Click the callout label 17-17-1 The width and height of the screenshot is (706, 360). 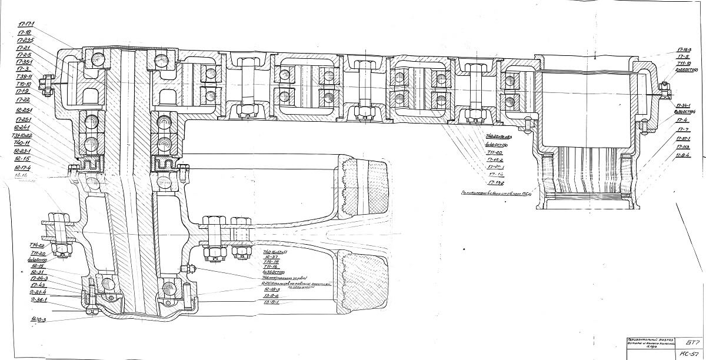point(26,24)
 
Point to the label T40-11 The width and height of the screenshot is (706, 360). point(22,143)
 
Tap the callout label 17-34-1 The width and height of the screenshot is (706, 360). point(682,104)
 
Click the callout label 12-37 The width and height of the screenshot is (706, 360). point(271,256)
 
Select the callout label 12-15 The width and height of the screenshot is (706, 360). point(22,159)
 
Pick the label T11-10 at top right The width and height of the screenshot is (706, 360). point(684,63)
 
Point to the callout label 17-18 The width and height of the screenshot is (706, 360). point(25,32)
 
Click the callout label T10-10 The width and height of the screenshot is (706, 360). point(24,84)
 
